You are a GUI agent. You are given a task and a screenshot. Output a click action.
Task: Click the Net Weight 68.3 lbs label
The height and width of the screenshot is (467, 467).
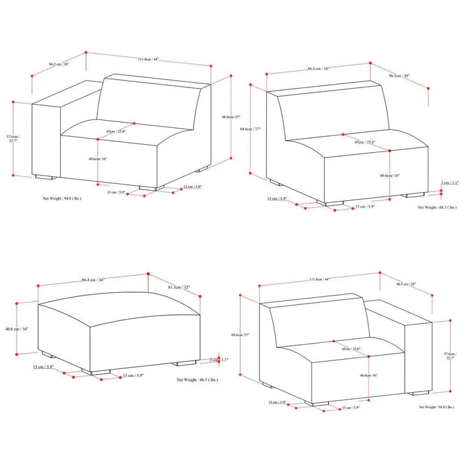click(438, 207)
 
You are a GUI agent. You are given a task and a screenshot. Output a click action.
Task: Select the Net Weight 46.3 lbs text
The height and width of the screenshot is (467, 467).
click(199, 378)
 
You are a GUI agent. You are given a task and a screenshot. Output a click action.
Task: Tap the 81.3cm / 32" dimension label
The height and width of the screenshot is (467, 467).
click(179, 288)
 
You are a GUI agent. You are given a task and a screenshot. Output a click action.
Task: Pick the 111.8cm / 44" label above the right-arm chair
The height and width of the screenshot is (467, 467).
click(318, 280)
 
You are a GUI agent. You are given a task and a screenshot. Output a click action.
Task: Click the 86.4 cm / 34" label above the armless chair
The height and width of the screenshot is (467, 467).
click(318, 69)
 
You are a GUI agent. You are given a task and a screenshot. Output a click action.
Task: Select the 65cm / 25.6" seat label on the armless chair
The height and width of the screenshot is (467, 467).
click(364, 142)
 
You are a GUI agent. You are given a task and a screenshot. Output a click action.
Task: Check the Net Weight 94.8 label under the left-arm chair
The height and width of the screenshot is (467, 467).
click(62, 198)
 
